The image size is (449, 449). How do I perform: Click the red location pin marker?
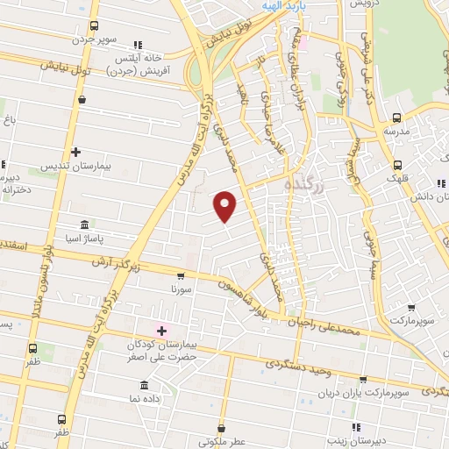[x=225, y=205]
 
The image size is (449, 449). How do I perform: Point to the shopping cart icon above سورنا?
[x=181, y=275]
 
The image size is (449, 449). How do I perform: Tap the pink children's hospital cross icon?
[x=160, y=330]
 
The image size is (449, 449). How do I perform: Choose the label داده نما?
[x=146, y=398]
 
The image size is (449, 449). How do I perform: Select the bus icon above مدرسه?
[x=396, y=118]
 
